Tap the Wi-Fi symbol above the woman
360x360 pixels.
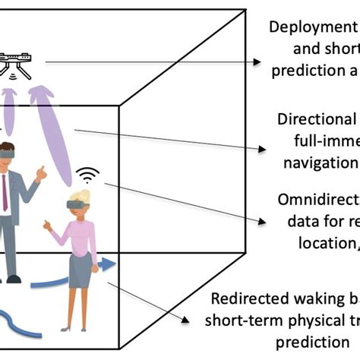[x=89, y=177]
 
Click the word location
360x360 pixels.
[x=324, y=243]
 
